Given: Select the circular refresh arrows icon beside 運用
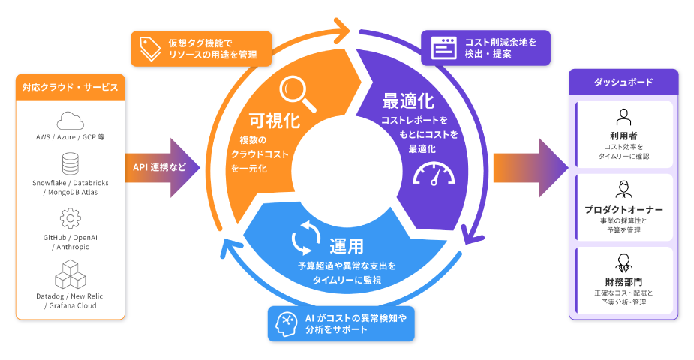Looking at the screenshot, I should coord(306,239).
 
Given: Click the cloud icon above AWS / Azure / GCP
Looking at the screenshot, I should coord(70,120).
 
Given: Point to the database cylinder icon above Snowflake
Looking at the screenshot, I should coord(70,163).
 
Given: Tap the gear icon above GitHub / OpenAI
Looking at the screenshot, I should coord(70,218).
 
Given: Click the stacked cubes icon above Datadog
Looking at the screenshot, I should coord(70,274).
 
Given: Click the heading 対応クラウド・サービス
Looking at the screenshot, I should coord(70,88).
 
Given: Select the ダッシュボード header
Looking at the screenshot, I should coord(623,82).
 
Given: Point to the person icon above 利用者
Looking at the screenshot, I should coord(623,117).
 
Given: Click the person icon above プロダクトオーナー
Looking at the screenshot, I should coord(623,188).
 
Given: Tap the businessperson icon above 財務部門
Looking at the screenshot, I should coord(623,262).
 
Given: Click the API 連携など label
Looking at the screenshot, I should coord(159,166).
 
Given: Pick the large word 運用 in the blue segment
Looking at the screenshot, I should coord(346,245).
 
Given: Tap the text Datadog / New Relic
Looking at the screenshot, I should coord(70,296).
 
